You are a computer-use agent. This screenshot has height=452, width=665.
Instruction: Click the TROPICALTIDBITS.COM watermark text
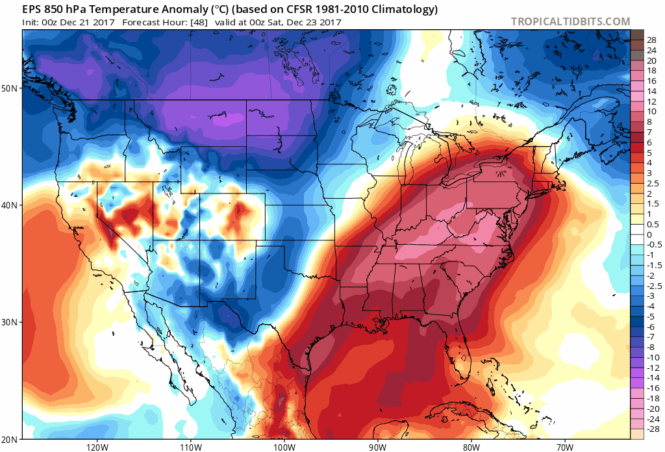point(570,21)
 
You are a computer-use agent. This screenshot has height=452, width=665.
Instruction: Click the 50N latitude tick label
point(11,87)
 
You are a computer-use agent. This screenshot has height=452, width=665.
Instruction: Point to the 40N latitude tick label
point(11,205)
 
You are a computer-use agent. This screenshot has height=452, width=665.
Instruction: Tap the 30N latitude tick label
point(11,322)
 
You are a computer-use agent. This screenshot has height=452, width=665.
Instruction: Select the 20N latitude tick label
point(11,439)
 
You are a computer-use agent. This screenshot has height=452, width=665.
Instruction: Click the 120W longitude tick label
point(96,447)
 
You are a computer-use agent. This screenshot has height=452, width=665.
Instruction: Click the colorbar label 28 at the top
point(651,40)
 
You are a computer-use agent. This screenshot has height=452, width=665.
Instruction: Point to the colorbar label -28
point(651,429)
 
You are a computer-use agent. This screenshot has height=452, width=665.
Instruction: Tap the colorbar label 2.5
point(651,184)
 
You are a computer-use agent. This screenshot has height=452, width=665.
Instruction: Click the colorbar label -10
point(651,357)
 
